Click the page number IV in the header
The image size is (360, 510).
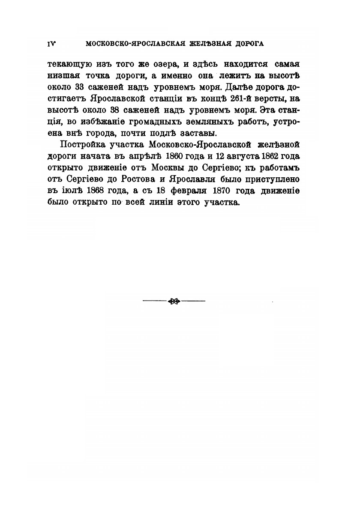[53, 43]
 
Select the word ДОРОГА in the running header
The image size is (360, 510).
[248, 43]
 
